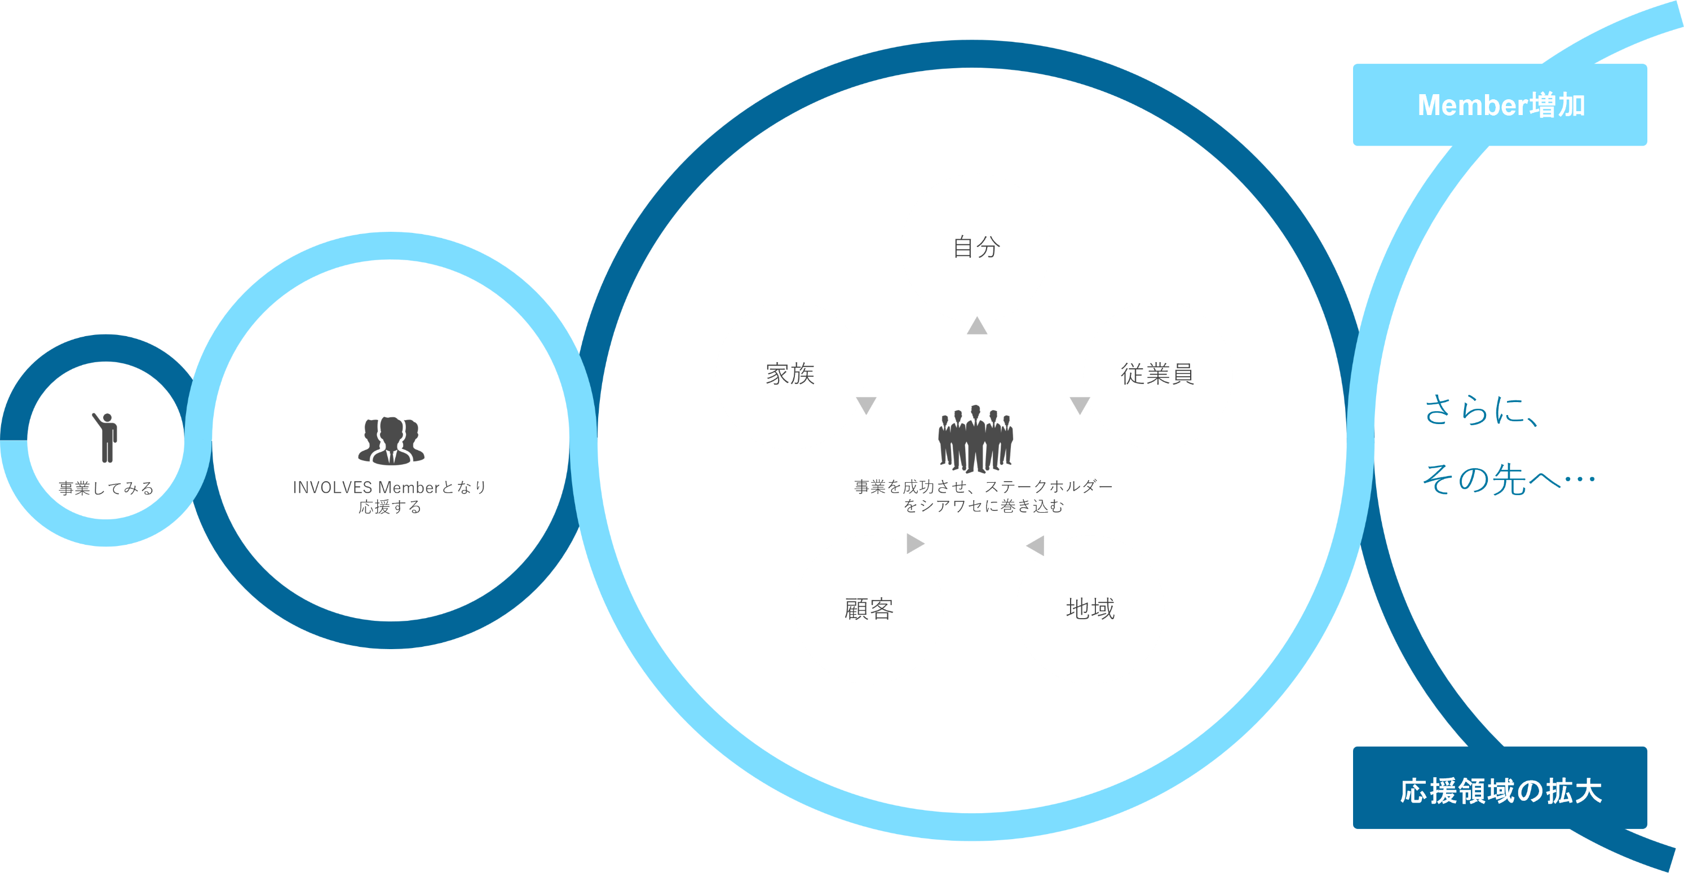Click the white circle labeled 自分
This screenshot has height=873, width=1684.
pos(975,247)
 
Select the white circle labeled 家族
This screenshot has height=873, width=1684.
pos(790,374)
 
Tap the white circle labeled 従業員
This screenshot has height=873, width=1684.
pos(1158,374)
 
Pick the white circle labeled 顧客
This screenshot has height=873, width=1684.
pos(869,610)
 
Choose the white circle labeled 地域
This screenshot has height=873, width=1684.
pos(1090,610)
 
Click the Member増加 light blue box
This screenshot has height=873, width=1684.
pos(1500,105)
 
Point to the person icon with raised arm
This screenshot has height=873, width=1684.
pos(106,437)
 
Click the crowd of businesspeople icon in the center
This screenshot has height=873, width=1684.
pos(975,438)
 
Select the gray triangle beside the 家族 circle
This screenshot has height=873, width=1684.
pos(866,404)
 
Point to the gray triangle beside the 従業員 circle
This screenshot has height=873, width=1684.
pos(1079,404)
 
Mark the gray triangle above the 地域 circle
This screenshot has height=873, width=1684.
pos(1036,545)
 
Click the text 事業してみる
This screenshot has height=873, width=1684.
pos(106,488)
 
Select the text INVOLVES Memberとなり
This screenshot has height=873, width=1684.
pos(390,487)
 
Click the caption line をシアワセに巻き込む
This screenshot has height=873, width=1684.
pos(983,506)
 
